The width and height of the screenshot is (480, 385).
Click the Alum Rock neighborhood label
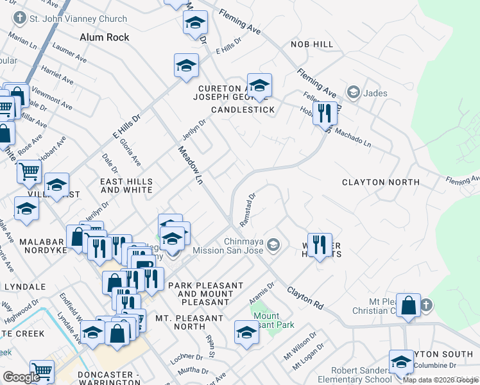104,37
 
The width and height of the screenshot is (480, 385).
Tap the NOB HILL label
312,44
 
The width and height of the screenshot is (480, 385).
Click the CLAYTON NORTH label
381,182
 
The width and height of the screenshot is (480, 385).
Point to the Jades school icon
352,93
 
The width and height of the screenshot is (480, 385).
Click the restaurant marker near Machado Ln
325,114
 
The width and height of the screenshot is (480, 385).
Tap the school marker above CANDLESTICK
259,85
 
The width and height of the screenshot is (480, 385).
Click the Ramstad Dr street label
248,209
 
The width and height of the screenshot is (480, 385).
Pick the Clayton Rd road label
304,296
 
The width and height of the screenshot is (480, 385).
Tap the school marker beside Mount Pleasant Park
246,332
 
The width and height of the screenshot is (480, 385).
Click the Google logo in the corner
21,377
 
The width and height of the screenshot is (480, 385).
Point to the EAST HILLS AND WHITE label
126,186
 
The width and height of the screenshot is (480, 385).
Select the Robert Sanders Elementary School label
361,375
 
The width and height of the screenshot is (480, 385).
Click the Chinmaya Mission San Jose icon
273,244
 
